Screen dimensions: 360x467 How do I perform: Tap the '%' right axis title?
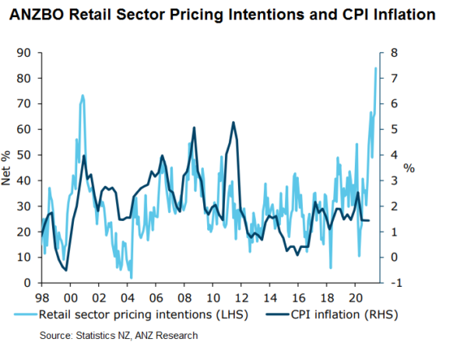click(x=409, y=168)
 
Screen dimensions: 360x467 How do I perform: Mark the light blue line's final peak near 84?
click(x=376, y=68)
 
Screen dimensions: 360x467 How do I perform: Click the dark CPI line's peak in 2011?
click(x=233, y=123)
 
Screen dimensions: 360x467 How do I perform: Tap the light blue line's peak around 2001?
click(x=83, y=96)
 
